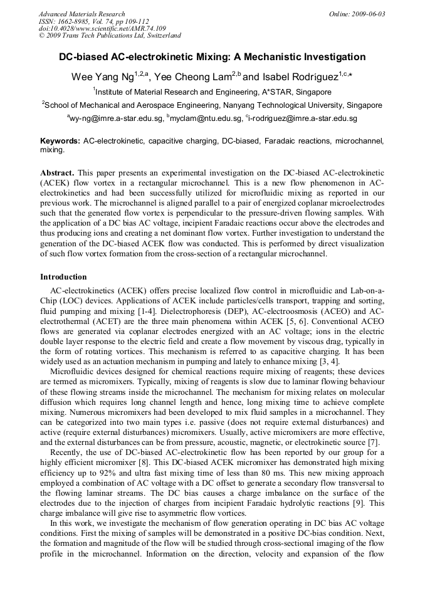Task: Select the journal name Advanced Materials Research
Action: click(x=82, y=14)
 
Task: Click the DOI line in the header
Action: click(x=102, y=28)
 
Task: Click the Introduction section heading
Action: click(x=63, y=276)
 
